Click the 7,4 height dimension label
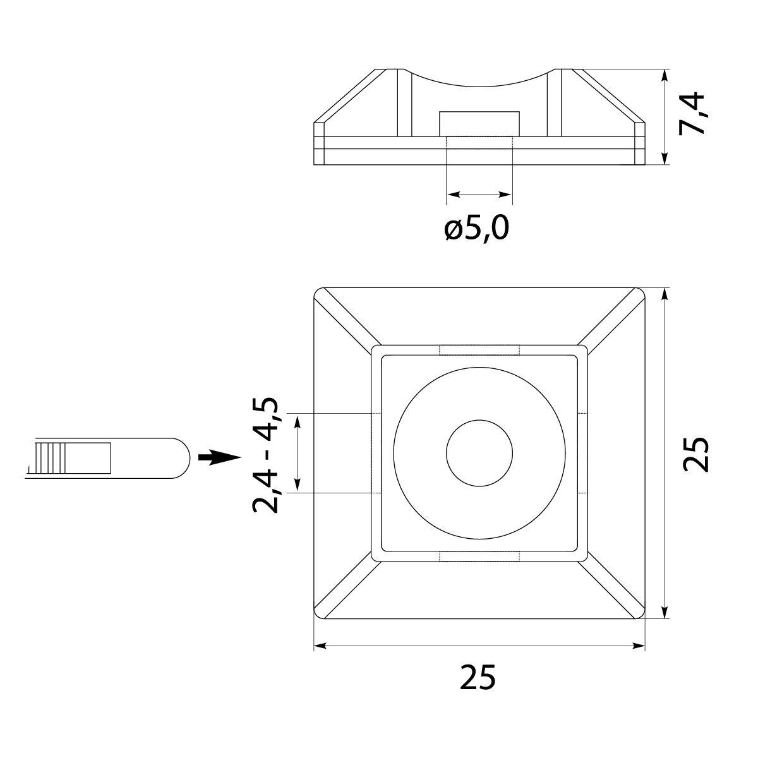tap(693, 113)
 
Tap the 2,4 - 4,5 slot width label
tap(265, 455)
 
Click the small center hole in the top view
tap(479, 453)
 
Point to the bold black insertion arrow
tap(219, 457)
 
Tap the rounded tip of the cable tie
tap(180, 458)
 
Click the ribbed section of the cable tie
tap(51, 458)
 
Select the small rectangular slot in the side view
tap(479, 124)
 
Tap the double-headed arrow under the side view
tap(479, 195)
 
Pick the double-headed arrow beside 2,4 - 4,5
tap(298, 453)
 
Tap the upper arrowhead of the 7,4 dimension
tap(665, 75)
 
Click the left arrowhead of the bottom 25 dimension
tap(320, 646)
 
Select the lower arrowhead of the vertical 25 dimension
tap(665, 612)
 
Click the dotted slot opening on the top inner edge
tap(479, 350)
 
